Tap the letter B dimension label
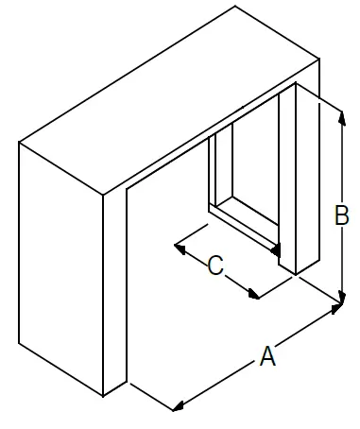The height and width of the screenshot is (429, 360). tap(342, 216)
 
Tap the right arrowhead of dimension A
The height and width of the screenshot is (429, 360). tap(337, 308)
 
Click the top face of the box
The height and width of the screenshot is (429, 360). tap(170, 104)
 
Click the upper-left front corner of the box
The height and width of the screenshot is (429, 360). tap(21, 143)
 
